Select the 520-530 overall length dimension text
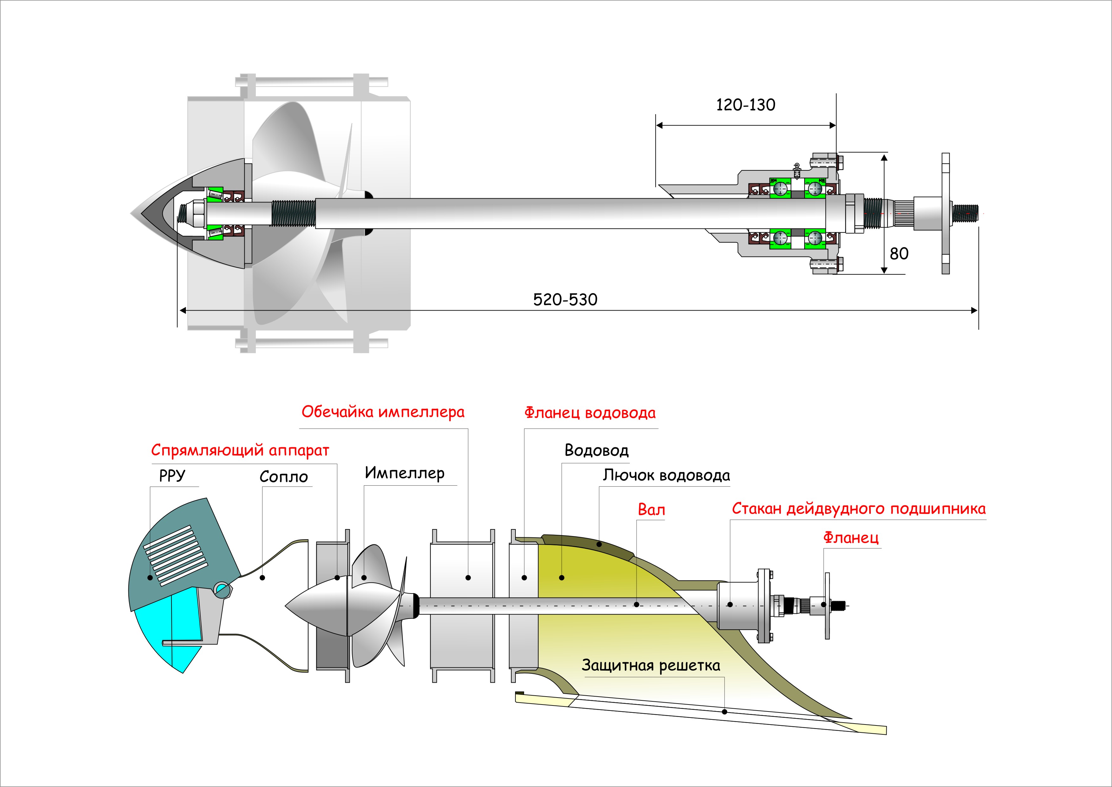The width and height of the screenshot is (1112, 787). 565,299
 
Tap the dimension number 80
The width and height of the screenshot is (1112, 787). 899,253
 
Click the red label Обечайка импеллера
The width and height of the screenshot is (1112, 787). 383,412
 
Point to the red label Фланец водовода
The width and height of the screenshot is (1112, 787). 590,413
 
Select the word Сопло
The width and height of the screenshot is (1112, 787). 283,477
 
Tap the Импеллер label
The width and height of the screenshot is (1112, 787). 404,473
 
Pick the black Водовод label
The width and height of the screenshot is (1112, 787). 596,450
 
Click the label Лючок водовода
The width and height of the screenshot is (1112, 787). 666,475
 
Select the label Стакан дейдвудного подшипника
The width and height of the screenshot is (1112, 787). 858,509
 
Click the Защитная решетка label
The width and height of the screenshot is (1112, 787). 650,666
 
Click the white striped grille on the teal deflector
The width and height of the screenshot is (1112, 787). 175,555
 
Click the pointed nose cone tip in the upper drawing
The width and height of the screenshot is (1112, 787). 133,213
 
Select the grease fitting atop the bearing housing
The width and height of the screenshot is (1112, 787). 797,171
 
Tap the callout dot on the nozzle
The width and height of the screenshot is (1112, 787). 262,578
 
